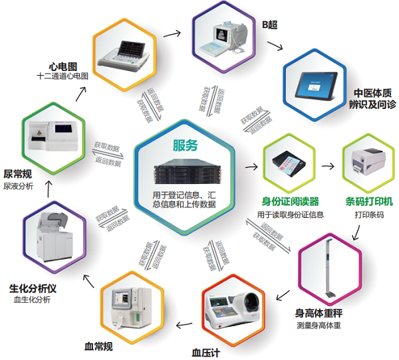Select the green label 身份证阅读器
(x=290, y=201)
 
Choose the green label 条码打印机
(x=364, y=201)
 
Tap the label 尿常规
(x=17, y=174)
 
